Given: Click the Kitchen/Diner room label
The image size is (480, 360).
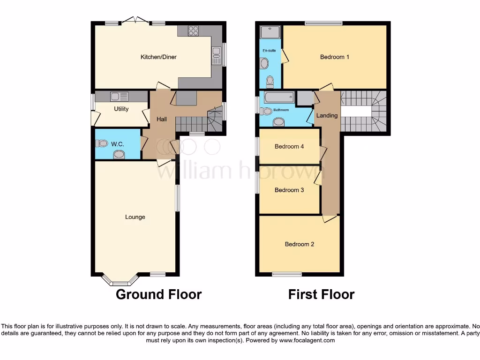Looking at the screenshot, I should pyautogui.click(x=158, y=57).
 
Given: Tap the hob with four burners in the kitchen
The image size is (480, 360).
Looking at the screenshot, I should pyautogui.click(x=193, y=30).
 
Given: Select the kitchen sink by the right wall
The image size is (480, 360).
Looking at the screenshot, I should pyautogui.click(x=216, y=55).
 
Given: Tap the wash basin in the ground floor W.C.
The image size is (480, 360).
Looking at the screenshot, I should pyautogui.click(x=119, y=155).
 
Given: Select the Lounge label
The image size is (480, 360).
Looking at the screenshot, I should pyautogui.click(x=135, y=217).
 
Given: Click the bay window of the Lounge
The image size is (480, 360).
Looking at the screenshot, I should pyautogui.click(x=120, y=282).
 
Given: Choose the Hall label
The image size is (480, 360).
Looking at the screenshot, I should pyautogui.click(x=162, y=120).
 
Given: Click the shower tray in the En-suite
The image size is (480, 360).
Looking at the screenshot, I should pyautogui.click(x=270, y=32).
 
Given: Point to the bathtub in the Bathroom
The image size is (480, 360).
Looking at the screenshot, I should pyautogui.click(x=279, y=97).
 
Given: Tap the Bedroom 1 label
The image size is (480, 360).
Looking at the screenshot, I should pyautogui.click(x=335, y=57).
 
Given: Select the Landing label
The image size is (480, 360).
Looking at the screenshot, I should pyautogui.click(x=327, y=115).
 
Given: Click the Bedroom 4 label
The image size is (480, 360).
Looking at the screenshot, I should pyautogui.click(x=289, y=146).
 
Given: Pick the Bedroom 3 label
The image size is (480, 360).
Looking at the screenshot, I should pyautogui.click(x=289, y=190).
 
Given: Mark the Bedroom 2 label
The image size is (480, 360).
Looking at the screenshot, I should pyautogui.click(x=300, y=244).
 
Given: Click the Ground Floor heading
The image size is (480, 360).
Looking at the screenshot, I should pyautogui.click(x=158, y=294).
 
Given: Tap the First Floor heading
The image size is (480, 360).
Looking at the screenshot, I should pyautogui.click(x=321, y=294).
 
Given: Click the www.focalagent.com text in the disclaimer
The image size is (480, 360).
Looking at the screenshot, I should pyautogui.click(x=307, y=340).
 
